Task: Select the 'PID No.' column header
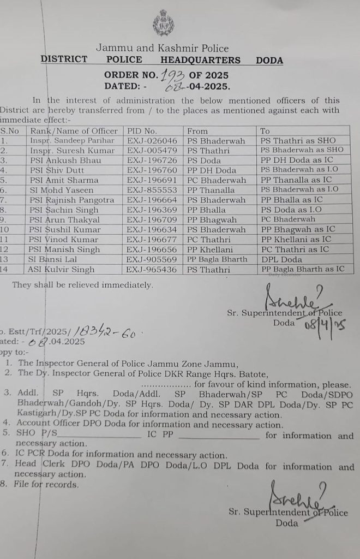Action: (x=142, y=131)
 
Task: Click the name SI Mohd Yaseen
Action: (x=62, y=189)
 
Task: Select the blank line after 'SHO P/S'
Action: (x=104, y=435)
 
